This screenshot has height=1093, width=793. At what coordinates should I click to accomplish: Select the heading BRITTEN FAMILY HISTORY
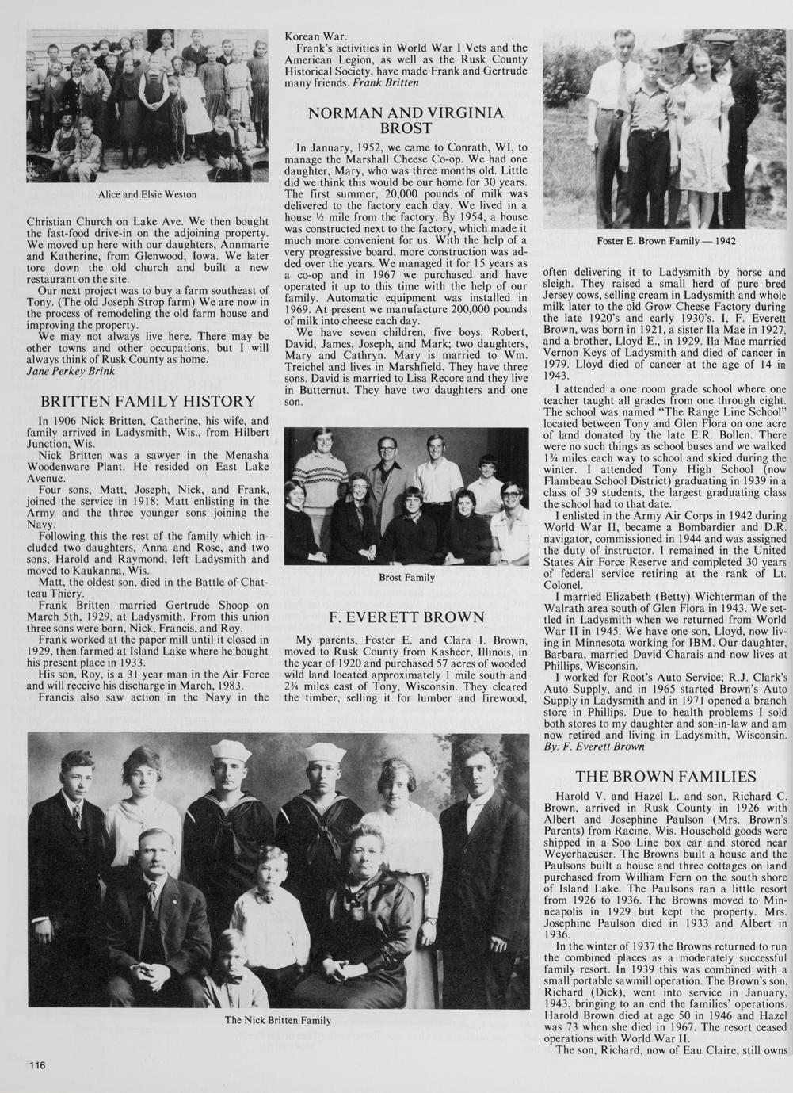[147, 402]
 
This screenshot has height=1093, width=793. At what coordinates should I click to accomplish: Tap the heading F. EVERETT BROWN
[406, 616]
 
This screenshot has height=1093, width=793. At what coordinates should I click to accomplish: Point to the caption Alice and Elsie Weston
[147, 194]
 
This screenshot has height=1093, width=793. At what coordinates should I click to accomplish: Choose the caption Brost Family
[406, 577]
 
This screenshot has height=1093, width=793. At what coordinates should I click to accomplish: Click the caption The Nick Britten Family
[278, 1020]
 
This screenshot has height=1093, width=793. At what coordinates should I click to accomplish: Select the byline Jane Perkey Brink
[71, 370]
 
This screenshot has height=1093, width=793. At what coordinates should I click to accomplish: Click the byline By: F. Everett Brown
[594, 746]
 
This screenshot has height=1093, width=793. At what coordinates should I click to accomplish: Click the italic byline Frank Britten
[384, 82]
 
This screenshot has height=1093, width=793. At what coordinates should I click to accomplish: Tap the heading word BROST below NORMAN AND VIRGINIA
[406, 128]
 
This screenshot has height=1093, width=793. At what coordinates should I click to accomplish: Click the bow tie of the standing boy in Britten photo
[264, 897]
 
